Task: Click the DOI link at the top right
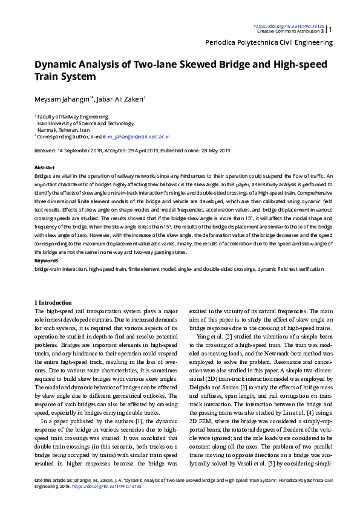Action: tap(289, 26)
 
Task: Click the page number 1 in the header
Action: tap(330, 28)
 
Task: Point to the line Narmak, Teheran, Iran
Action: tap(64, 130)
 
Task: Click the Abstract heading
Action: tap(45, 167)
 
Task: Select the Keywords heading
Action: tap(46, 261)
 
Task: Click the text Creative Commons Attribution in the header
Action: tap(288, 31)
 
